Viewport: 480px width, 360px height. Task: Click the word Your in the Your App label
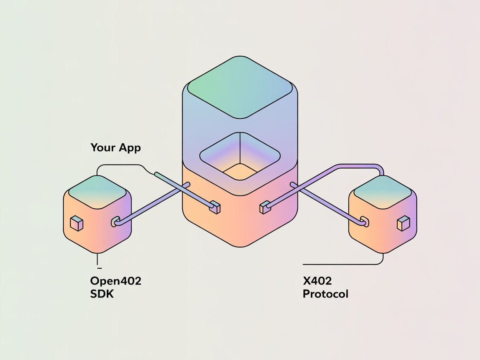tap(101, 147)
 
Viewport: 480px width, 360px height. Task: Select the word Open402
tap(115, 281)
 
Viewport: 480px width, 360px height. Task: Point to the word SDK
tap(102, 294)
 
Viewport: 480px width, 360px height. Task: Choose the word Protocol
tap(325, 294)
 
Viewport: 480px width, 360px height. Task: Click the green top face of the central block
tap(240, 87)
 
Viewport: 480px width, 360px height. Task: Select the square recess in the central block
tap(240, 157)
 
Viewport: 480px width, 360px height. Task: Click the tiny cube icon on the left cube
tap(77, 224)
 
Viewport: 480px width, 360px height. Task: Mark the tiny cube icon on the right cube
tap(403, 223)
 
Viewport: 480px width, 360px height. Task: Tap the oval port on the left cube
tap(115, 222)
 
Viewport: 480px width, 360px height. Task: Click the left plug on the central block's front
tap(215, 207)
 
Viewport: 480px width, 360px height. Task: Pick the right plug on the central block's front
tap(264, 207)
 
